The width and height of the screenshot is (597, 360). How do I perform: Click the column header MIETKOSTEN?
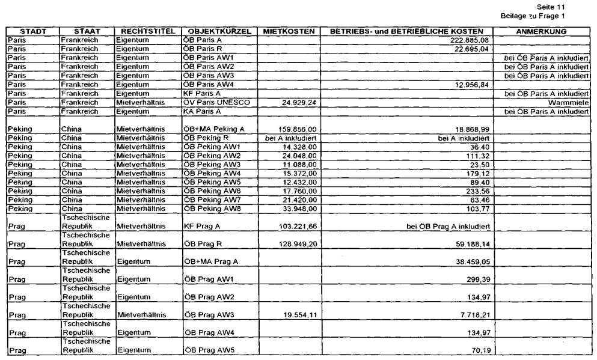(286, 31)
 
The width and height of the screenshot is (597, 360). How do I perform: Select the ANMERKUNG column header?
(542, 31)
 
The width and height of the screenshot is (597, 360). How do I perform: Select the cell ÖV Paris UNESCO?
(216, 103)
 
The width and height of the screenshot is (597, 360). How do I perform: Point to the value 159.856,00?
(297, 129)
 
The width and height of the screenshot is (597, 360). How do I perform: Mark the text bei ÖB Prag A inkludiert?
(450, 227)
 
